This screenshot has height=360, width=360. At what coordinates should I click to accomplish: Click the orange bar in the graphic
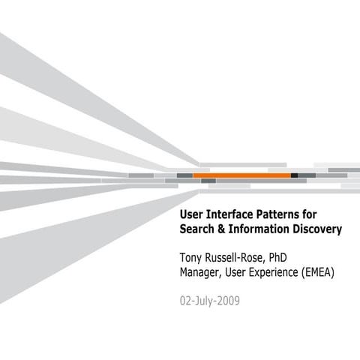point(241,175)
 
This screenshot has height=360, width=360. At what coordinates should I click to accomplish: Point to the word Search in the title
point(198,229)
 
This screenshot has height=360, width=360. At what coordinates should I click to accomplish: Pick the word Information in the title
point(259,229)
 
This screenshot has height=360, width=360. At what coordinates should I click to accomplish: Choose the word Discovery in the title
point(316,229)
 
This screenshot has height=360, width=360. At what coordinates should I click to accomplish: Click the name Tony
point(193,259)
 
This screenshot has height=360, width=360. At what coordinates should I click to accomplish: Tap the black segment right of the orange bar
point(294,175)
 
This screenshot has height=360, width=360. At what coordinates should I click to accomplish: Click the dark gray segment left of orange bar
point(184,175)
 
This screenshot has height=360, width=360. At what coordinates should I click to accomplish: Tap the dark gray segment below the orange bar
point(208,181)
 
